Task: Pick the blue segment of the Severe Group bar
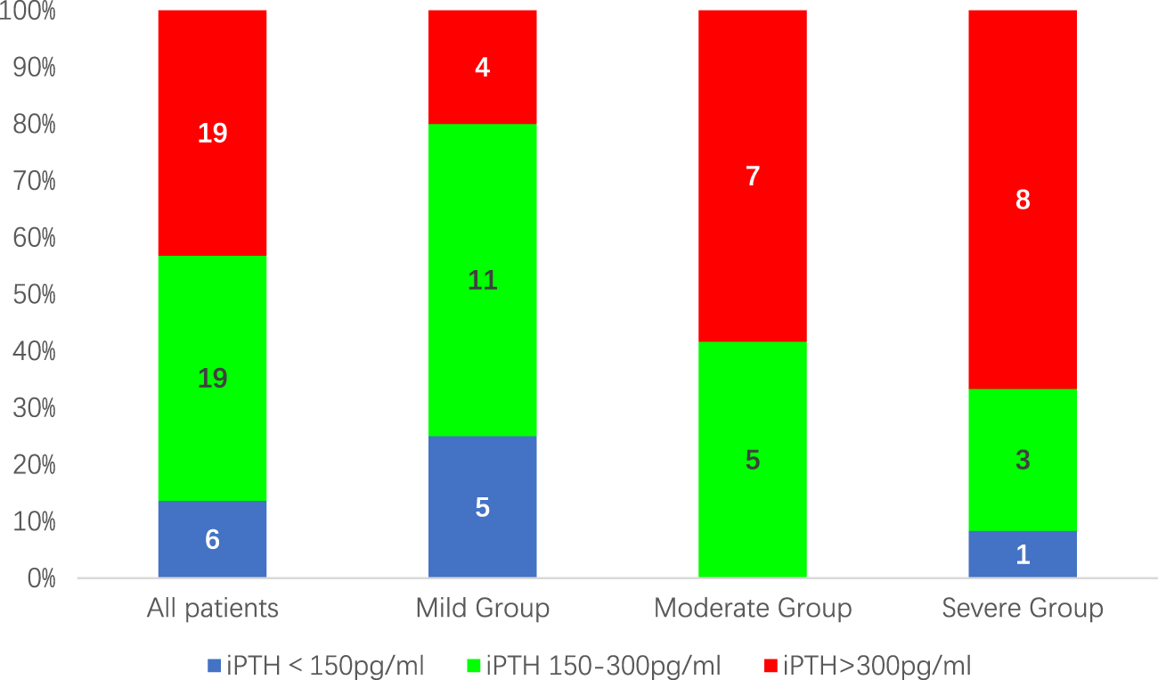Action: coord(1023,554)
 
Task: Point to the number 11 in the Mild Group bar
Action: coord(482,282)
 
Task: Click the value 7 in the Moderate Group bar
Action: coord(753,176)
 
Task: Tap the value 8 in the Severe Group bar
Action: coord(1023,200)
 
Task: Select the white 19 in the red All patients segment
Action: coord(212,134)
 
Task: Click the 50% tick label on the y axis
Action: coord(33,294)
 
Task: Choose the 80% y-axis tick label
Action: coord(33,124)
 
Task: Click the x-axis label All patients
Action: coord(212,609)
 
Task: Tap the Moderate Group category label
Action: coord(753,609)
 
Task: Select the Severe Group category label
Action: coord(1023,609)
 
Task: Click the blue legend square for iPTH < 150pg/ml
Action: coord(213,665)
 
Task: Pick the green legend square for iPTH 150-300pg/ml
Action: coord(473,665)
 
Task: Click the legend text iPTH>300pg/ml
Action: coord(877,665)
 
